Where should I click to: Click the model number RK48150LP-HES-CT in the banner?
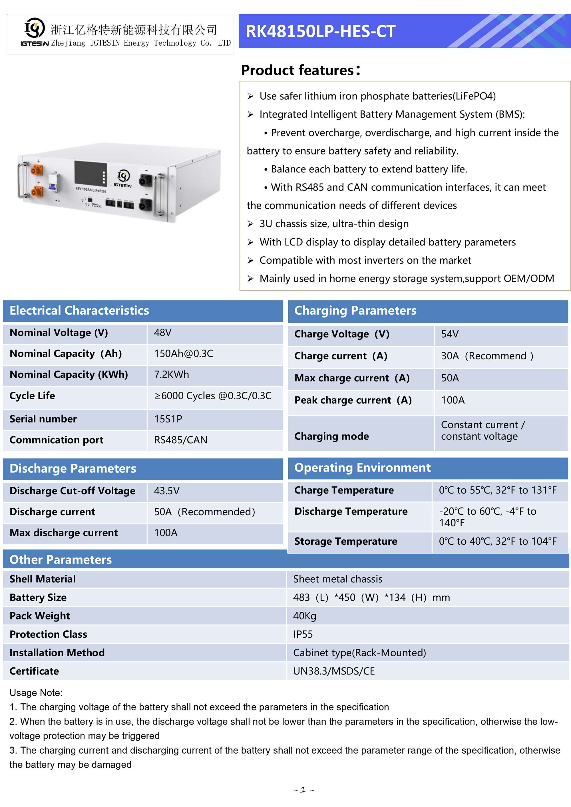click(x=320, y=31)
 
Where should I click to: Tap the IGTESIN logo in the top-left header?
click(x=34, y=32)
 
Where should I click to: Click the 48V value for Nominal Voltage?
click(x=163, y=333)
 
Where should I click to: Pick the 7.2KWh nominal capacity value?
click(x=172, y=374)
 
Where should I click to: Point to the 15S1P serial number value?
click(x=168, y=418)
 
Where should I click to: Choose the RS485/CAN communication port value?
click(x=181, y=440)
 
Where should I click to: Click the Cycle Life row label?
click(x=32, y=395)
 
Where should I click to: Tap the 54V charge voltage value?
click(x=450, y=334)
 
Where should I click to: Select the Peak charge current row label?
click(x=353, y=400)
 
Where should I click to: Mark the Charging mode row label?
click(x=331, y=436)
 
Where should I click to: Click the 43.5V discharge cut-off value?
click(x=167, y=491)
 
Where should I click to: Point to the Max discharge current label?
click(x=64, y=532)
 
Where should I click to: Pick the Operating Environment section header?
click(x=362, y=468)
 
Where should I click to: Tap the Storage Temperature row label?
click(x=346, y=541)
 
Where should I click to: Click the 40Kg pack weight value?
click(x=305, y=616)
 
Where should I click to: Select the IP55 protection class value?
click(x=303, y=634)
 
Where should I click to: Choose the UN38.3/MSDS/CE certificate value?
click(x=334, y=671)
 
